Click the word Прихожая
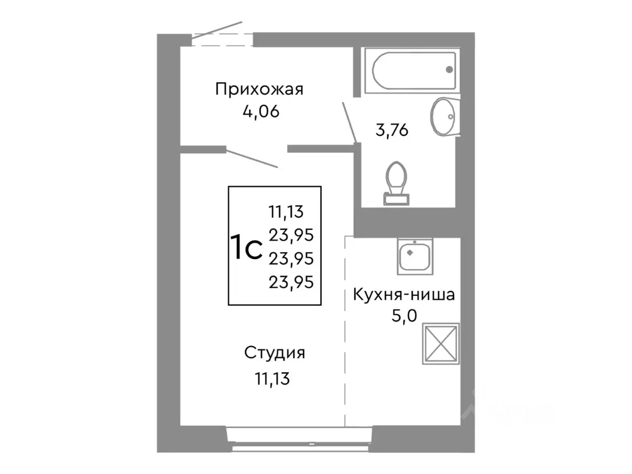(x=259, y=89)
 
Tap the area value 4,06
(x=261, y=112)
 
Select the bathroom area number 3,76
(x=392, y=131)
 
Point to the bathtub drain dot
(x=449, y=70)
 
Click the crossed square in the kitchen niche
(x=441, y=344)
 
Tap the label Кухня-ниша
(x=403, y=295)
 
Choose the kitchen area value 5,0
(x=404, y=316)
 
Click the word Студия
(x=275, y=353)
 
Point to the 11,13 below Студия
(x=272, y=379)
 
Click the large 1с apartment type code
(x=246, y=248)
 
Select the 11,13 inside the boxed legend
(x=286, y=212)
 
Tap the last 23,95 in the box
(x=291, y=282)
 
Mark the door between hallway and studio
(x=252, y=158)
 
